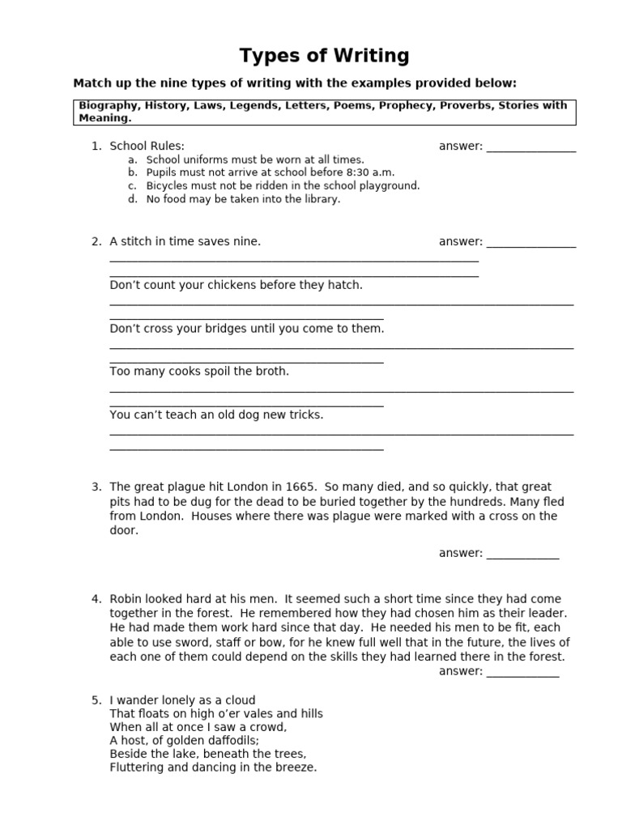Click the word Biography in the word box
point(109,105)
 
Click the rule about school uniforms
point(254,160)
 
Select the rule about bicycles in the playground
point(283,186)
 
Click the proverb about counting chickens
point(236,285)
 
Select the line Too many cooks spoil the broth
point(199,372)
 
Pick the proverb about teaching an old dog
point(216,414)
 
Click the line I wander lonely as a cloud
point(182,700)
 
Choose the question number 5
point(96,700)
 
